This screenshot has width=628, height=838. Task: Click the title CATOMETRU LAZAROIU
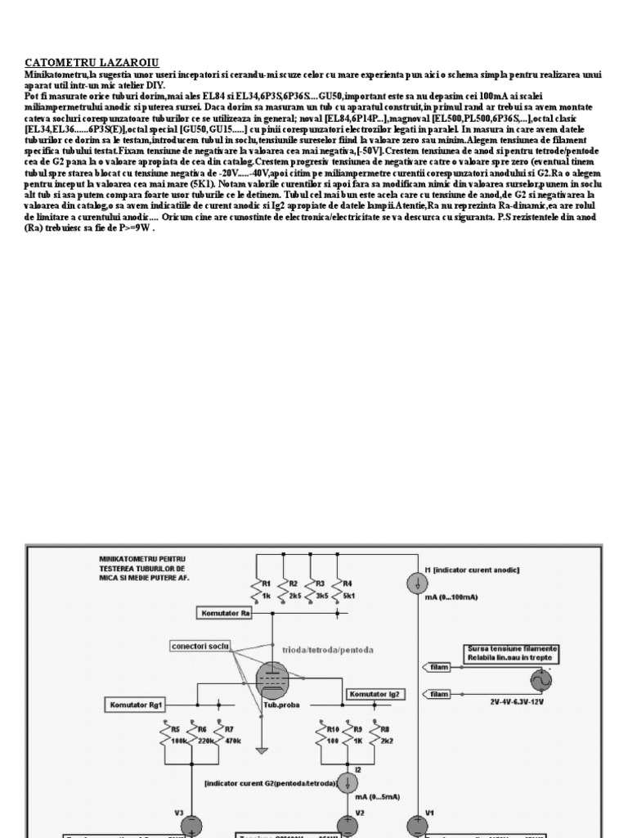92,63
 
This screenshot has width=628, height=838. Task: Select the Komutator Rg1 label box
138,704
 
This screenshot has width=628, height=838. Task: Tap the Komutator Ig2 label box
375,694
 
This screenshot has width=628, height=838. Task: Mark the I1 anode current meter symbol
416,583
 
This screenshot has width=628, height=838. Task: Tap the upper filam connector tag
439,667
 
